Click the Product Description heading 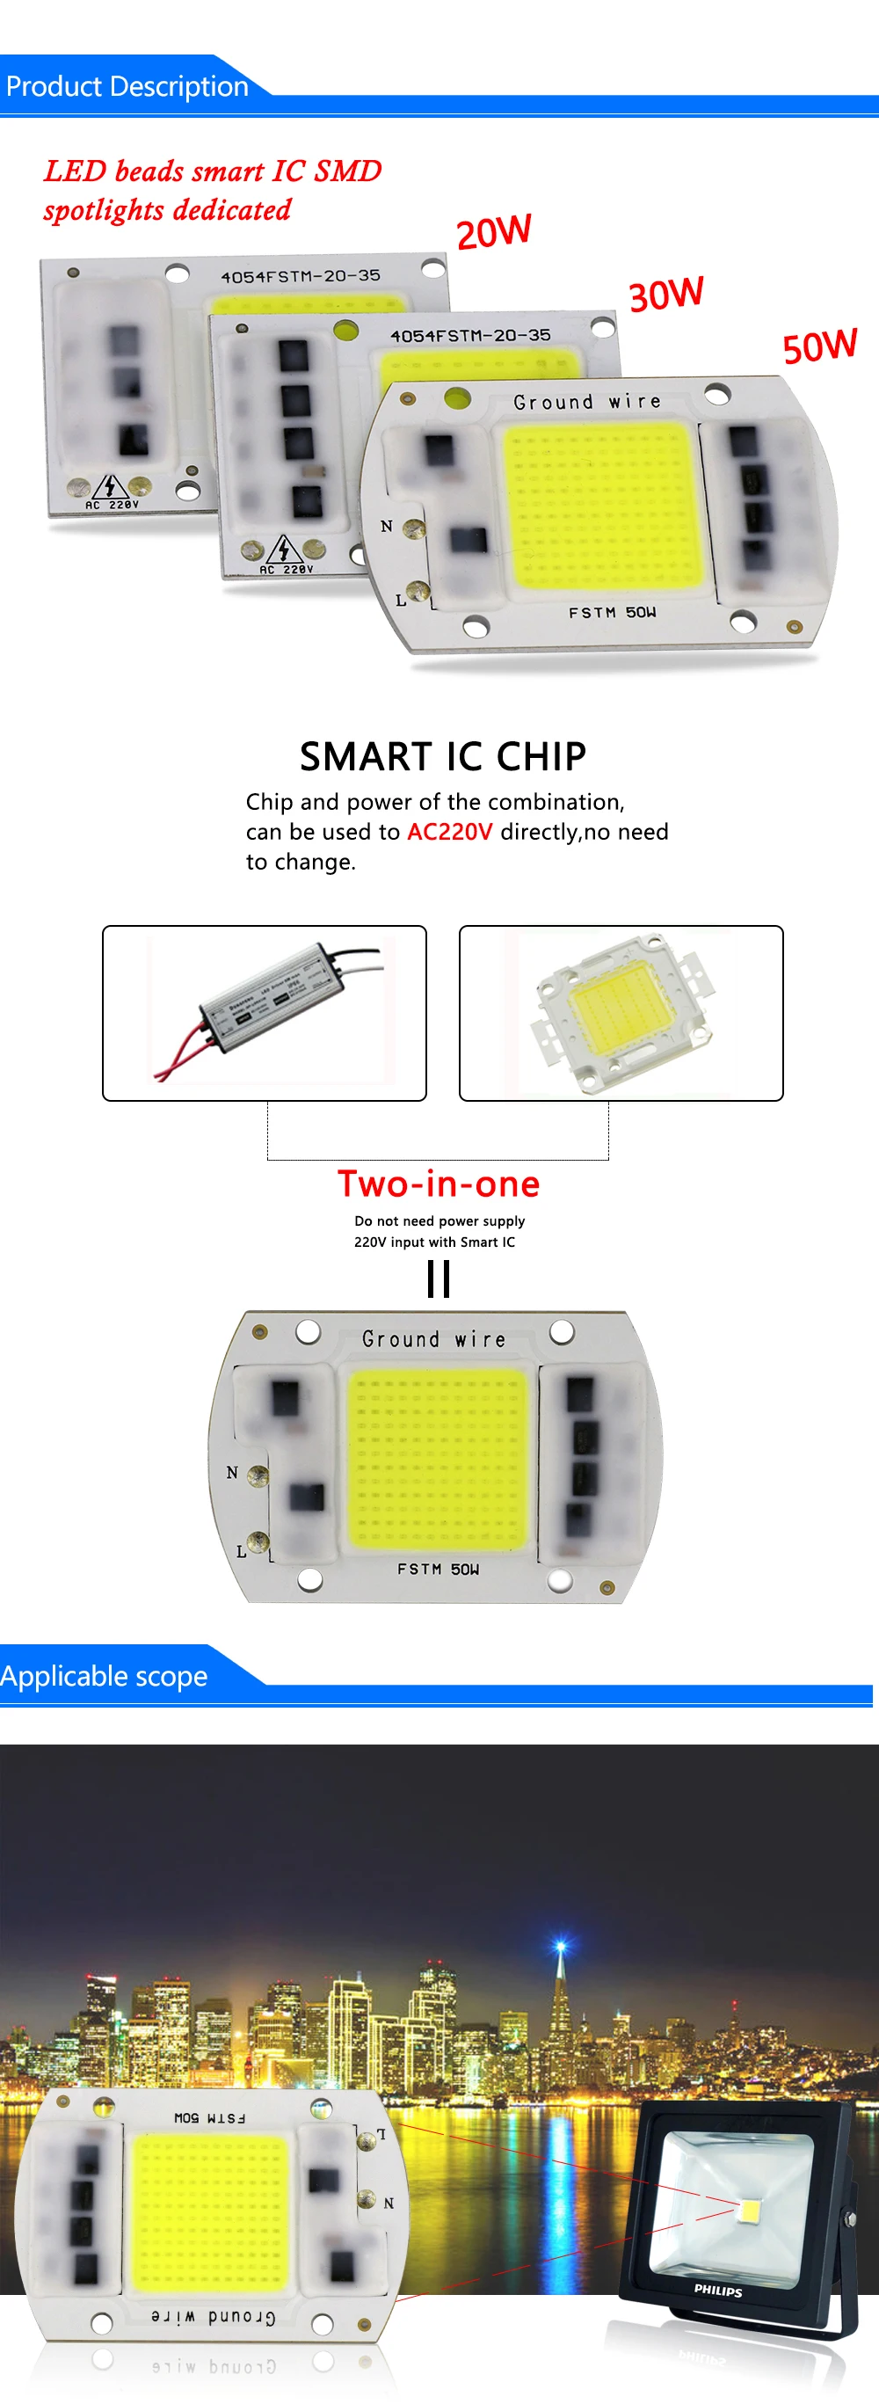click(127, 87)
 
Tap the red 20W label click(494, 230)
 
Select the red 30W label click(665, 294)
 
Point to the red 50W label click(819, 346)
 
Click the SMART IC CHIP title click(442, 756)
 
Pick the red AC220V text click(449, 832)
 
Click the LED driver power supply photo click(264, 1013)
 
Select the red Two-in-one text click(439, 1184)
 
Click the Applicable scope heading click(105, 1676)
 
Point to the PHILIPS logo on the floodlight click(717, 2289)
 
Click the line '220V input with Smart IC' click(434, 1242)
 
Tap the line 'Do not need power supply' click(439, 1220)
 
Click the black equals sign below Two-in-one click(439, 1278)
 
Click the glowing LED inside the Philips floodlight click(749, 2209)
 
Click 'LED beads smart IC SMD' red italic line click(213, 171)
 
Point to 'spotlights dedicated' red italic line click(168, 210)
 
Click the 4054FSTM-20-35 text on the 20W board click(301, 276)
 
